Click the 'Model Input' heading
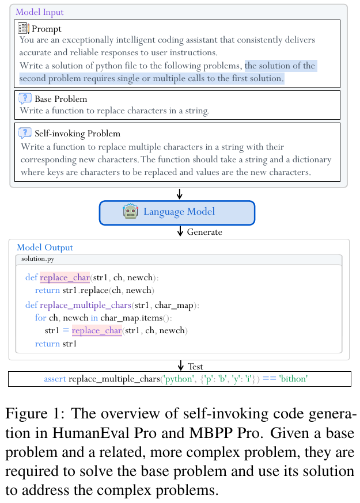[40, 12]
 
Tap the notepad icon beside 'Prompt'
[24, 28]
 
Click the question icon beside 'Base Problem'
[25, 98]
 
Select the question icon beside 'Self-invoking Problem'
[25, 133]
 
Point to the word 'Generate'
[204, 232]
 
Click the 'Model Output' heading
[45, 247]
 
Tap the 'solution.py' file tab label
[38, 259]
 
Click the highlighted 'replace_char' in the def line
[65, 277]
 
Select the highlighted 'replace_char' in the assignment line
[97, 330]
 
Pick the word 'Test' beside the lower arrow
[196, 366]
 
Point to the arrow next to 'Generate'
[180, 231]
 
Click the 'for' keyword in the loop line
[40, 318]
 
